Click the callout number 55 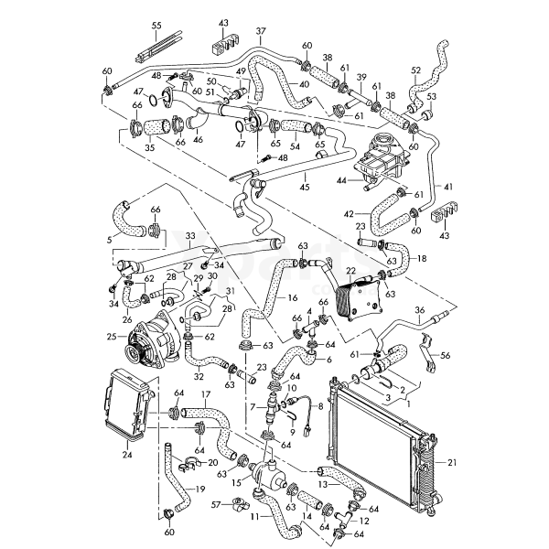156,24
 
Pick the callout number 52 415,70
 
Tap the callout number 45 304,188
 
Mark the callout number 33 189,235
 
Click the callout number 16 292,298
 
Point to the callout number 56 446,356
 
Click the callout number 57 216,504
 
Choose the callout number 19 200,489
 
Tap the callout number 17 206,396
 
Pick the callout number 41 449,187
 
